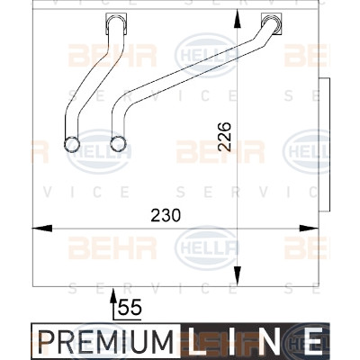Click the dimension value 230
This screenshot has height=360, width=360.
click(166, 215)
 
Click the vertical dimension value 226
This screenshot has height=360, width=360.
click(224, 137)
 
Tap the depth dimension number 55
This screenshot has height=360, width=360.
click(130, 308)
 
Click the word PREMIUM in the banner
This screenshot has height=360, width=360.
click(106, 342)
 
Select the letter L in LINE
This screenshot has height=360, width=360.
click(198, 341)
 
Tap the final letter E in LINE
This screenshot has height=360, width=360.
click(313, 341)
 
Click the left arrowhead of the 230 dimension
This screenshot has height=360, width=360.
click(42, 229)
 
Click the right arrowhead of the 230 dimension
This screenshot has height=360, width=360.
click(309, 229)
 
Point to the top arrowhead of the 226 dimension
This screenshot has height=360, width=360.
click(237, 20)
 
